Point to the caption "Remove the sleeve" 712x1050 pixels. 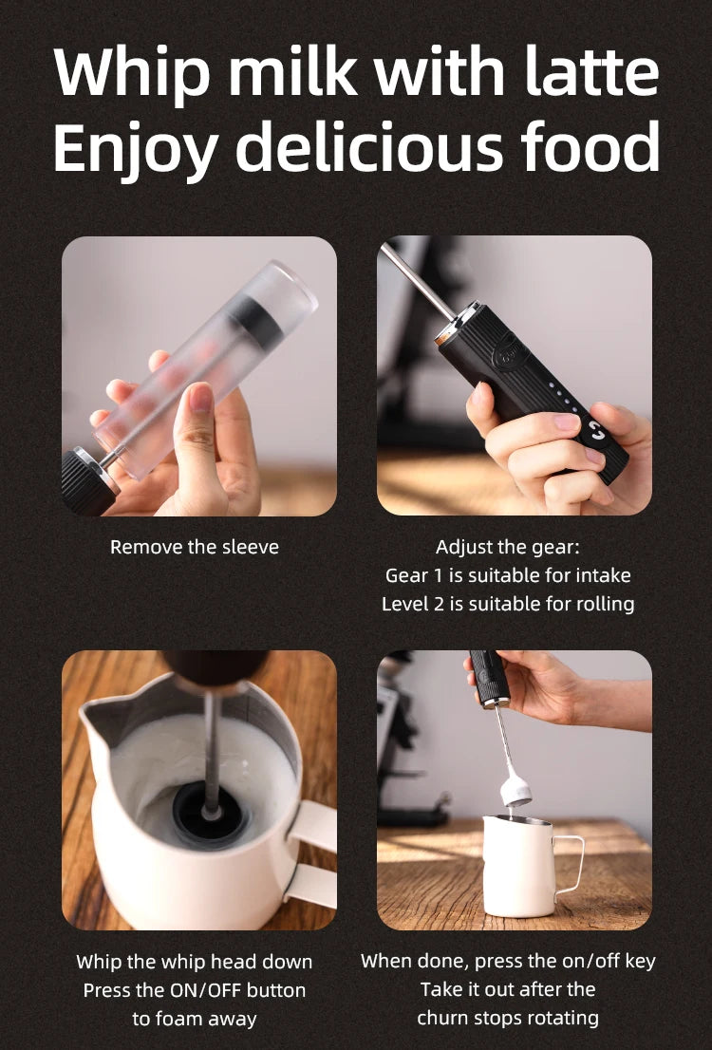coord(195,547)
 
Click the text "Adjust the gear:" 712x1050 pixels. coord(507,547)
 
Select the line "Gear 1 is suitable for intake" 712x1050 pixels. coord(507,575)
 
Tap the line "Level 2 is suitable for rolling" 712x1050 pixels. coord(507,604)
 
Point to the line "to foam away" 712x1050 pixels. coord(195,1019)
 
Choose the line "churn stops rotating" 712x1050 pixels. coord(507,1018)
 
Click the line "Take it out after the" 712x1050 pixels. coord(507,989)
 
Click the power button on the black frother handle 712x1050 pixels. coord(596,433)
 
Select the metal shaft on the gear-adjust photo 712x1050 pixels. coord(418,281)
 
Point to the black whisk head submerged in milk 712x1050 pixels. coord(210,816)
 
